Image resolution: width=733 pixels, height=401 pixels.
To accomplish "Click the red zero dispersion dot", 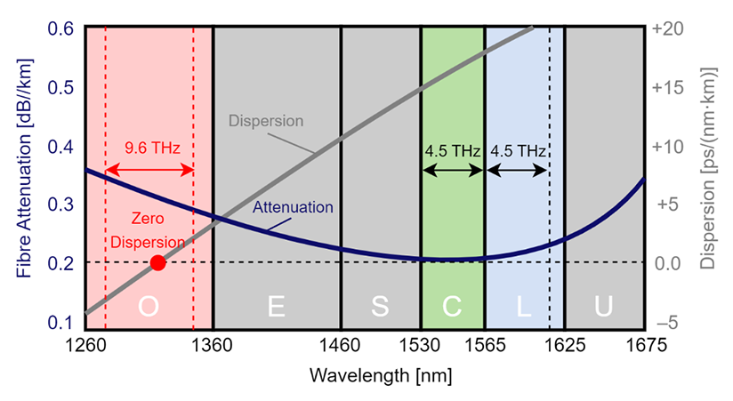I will coord(157,262).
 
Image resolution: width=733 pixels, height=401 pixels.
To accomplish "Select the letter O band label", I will coord(149,307).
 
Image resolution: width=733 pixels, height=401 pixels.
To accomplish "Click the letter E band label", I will coord(277,307).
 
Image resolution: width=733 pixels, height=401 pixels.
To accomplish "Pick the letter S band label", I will coord(381,307).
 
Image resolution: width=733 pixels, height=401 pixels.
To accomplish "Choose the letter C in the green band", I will coord(453,307).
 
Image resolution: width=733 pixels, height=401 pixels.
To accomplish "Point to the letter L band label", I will coord(525,307).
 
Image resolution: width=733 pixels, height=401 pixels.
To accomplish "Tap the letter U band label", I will coord(604,307).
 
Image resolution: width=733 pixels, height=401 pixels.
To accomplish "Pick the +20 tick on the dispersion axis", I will coord(669,28).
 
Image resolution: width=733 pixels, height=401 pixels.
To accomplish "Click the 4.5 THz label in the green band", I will coord(454,149).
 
